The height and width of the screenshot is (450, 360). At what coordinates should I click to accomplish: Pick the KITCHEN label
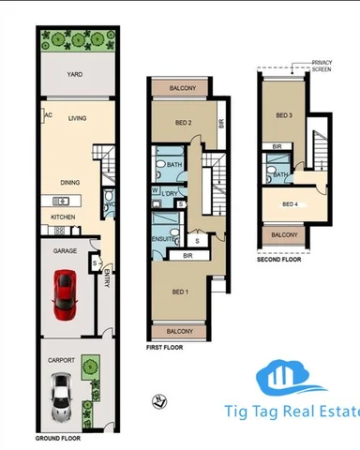pos(51,217)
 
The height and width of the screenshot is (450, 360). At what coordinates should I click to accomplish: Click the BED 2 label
pos(184,123)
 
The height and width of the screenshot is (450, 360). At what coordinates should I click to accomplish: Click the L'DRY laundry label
pos(172,192)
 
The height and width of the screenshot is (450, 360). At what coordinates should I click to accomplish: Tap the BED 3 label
pos(284,115)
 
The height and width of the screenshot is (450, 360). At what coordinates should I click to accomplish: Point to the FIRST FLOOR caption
pos(165,347)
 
